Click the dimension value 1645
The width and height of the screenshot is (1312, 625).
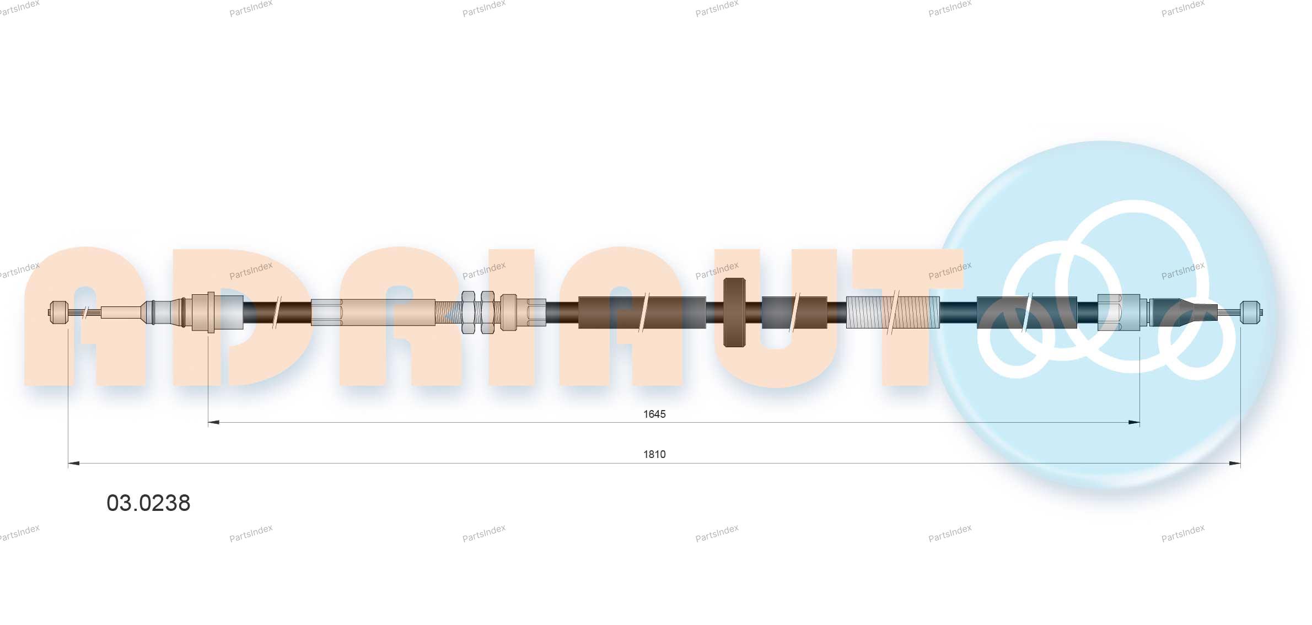(654, 414)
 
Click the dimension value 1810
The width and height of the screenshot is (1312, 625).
(654, 454)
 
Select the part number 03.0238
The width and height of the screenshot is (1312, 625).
(148, 503)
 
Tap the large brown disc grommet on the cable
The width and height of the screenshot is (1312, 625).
(734, 313)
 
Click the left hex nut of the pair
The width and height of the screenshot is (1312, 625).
(468, 312)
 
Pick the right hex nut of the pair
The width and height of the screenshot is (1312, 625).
(487, 312)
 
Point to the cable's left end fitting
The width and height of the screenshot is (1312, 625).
(58, 312)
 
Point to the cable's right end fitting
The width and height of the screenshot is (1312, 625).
(1250, 312)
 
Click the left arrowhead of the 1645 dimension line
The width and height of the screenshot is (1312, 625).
(213, 423)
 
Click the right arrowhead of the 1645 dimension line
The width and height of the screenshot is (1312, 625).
(1134, 423)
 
